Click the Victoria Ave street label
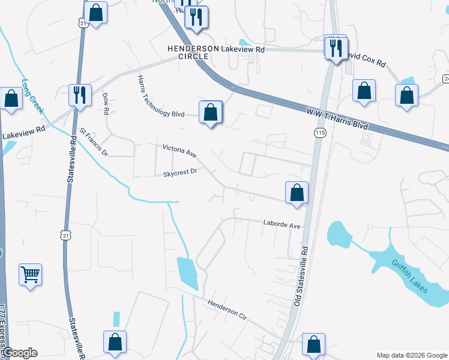point(179,150)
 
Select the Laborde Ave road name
point(281,224)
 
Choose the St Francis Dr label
point(93,140)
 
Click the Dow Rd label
point(105,103)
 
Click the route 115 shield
point(319,132)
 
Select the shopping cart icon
point(30,275)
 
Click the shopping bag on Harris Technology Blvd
point(211,112)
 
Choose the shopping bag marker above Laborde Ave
point(297,193)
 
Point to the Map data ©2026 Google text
point(411,355)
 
